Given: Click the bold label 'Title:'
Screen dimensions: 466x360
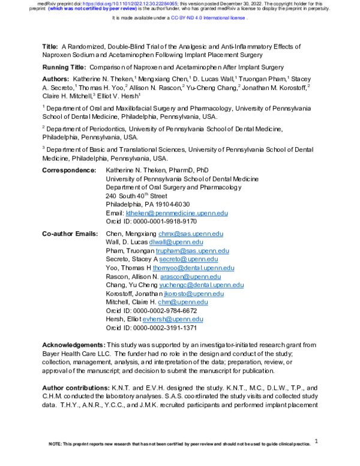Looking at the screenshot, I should point(50,46).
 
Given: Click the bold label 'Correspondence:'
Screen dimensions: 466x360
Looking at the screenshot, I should point(69,171).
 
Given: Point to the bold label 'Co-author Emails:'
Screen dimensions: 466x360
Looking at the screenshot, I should point(71,233).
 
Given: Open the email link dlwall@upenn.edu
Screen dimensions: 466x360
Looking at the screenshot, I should point(174,242).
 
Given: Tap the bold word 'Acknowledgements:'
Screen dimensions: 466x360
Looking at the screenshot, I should point(73,346).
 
